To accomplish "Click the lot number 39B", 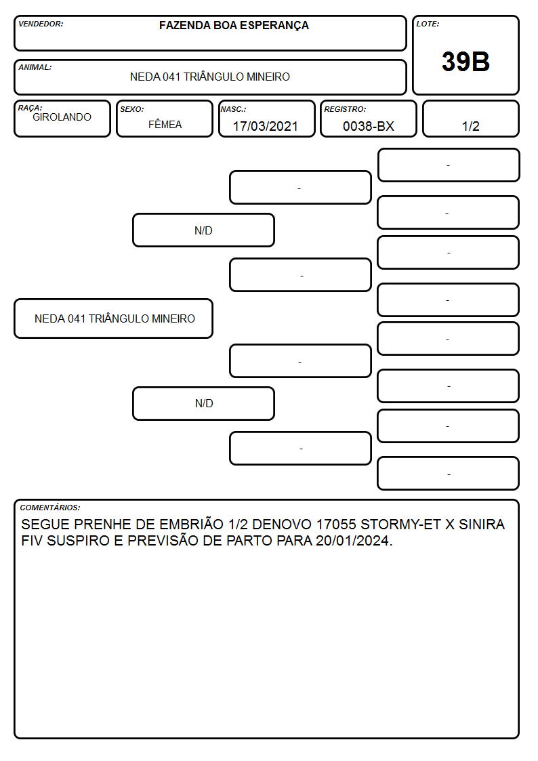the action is pos(465,62).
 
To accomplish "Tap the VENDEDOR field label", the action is pos(41,24).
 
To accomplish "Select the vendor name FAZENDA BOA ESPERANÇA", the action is pos(234,25).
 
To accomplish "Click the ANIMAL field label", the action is pos(35,67).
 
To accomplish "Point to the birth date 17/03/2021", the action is pos(266,126).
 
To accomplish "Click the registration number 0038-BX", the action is pos(368,126).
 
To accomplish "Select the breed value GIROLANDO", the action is pos(62,117).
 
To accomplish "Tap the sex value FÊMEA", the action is pos(165,124).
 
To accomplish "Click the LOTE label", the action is pos(428,24).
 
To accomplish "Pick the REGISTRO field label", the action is pos(345,109).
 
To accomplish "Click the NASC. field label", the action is pos(233,109).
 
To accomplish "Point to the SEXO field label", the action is pos(132,109).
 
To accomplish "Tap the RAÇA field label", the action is pos(30,108).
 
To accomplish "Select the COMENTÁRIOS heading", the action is pos(50,508).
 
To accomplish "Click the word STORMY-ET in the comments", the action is pos(400,525).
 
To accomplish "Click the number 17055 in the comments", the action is pos(336,525).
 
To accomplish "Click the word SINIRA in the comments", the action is pos(482,525).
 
